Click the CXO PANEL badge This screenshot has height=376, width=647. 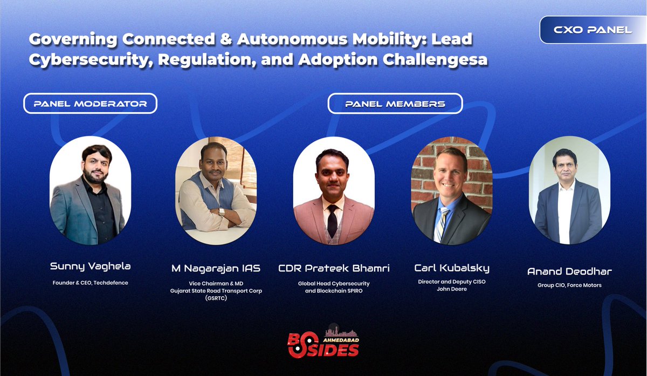pos(593,30)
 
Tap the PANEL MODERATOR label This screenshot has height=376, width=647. pos(90,104)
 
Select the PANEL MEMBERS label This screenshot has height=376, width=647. pos(395,104)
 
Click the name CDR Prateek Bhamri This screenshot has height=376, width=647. pos(333,268)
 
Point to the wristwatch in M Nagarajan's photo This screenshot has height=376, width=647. pos(222,211)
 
